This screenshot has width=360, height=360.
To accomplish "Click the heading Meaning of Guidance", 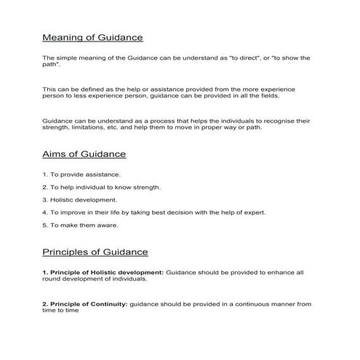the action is point(92,36).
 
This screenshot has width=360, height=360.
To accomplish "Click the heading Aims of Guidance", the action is point(84,154).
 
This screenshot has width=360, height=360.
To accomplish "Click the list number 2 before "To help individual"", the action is point(44,187).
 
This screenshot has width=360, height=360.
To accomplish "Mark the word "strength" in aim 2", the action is point(144,187).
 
